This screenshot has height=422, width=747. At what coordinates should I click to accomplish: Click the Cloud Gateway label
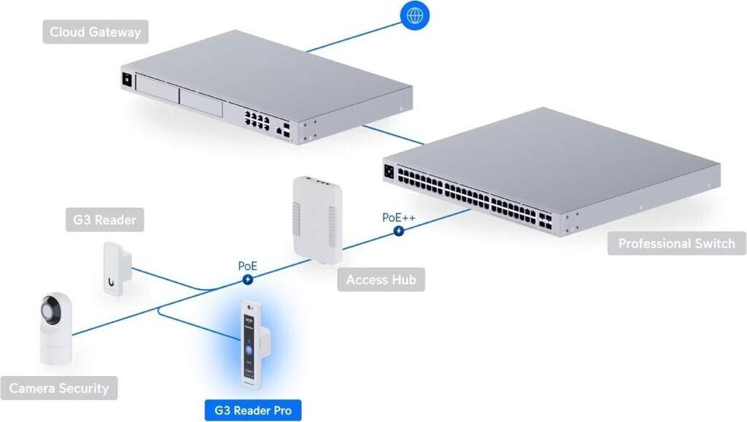94,32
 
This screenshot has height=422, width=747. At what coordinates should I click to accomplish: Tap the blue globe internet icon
415,15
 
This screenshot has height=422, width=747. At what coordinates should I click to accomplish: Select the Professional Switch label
676,243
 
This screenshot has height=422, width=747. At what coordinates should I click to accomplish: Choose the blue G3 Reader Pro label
251,410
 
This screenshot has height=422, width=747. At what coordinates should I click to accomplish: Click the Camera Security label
58,388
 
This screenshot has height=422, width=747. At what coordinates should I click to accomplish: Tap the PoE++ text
398,218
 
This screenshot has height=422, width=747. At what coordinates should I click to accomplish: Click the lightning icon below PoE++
399,231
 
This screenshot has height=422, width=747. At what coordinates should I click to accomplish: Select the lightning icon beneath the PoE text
249,279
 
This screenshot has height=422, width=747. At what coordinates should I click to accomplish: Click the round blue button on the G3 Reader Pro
248,350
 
